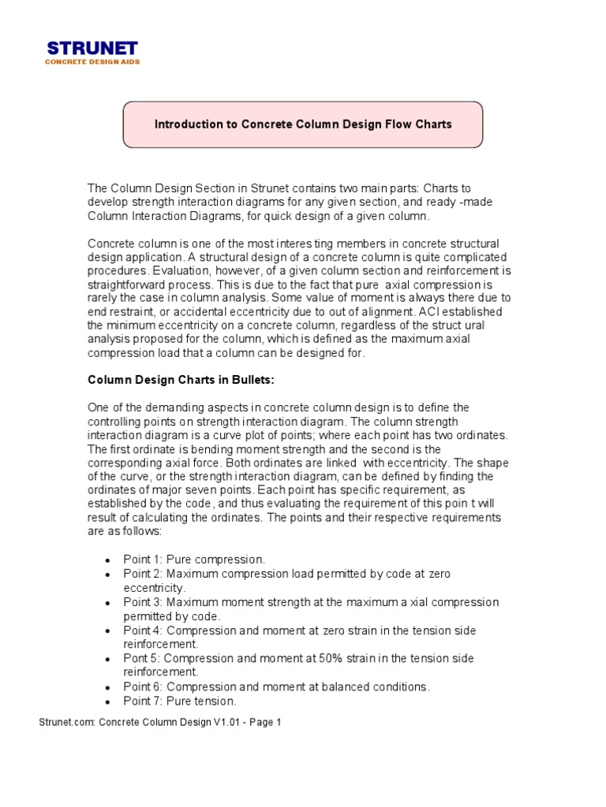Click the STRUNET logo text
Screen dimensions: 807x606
pyautogui.click(x=92, y=48)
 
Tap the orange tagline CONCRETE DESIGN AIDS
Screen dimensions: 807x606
pyautogui.click(x=92, y=61)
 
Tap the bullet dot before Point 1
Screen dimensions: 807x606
pyautogui.click(x=107, y=560)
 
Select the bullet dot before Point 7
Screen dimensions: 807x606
pyautogui.click(x=107, y=701)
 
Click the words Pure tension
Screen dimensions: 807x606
pyautogui.click(x=201, y=701)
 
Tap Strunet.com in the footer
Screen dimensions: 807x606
pyautogui.click(x=66, y=722)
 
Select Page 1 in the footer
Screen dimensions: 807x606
pyautogui.click(x=265, y=722)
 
